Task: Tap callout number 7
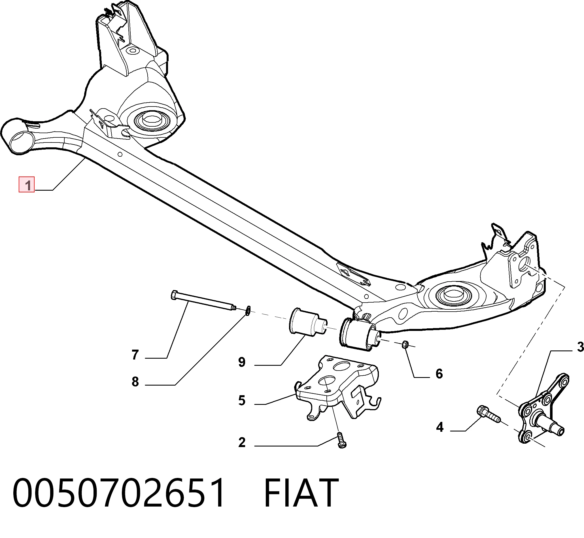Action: click(135, 355)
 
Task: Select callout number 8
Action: click(135, 382)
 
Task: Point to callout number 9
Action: click(242, 362)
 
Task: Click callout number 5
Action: click(242, 401)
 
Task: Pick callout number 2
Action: click(242, 442)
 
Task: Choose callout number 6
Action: click(439, 374)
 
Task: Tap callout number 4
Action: click(439, 427)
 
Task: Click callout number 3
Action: click(580, 347)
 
